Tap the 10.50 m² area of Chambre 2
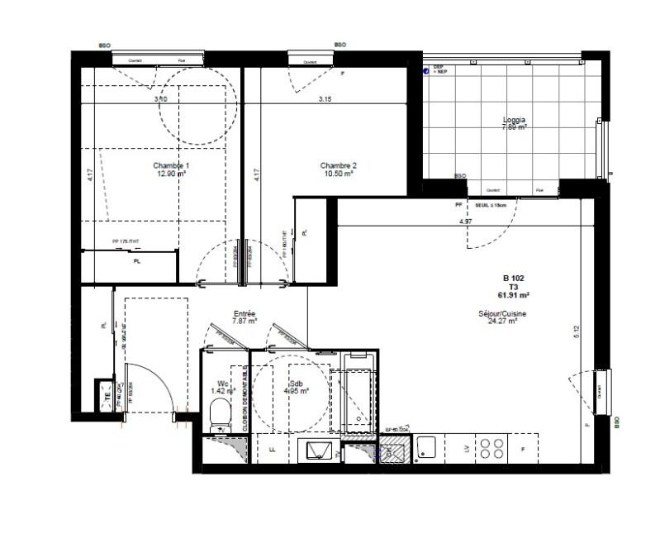tap(338, 175)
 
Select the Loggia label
tap(515, 119)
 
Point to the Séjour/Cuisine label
tap(502, 314)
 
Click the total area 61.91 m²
tap(513, 294)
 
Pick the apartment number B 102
tap(514, 278)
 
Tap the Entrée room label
tap(245, 313)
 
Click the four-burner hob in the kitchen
tap(494, 448)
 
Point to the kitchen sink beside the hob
tap(426, 448)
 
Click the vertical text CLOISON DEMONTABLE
tap(245, 398)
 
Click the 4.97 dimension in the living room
tap(467, 222)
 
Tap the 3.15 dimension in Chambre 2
tap(331, 100)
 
